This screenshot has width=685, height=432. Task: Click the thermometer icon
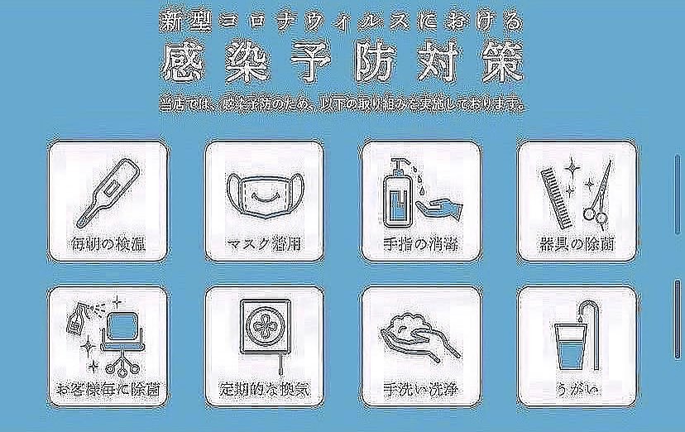[x=105, y=191]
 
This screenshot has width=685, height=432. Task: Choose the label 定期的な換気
[x=262, y=388]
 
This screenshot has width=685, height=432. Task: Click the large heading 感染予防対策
[x=342, y=62]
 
